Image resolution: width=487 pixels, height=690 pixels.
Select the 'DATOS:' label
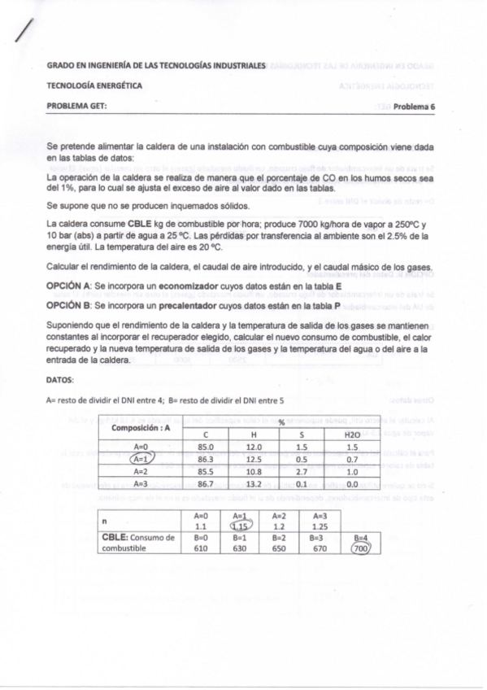(62, 379)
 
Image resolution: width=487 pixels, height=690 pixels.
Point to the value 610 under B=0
(202, 548)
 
